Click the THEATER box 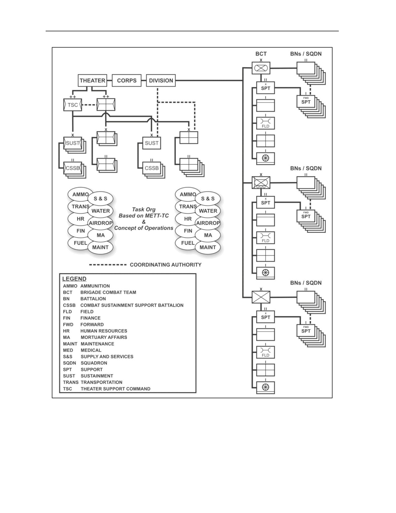coord(92,81)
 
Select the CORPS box coord(127,81)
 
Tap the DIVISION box coord(161,81)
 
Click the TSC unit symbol coord(73,105)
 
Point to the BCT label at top coord(261,54)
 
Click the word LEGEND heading coord(74,279)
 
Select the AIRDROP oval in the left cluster coord(100,223)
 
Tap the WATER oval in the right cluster coord(208,211)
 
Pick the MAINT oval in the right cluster coord(208,247)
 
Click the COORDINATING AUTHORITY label coord(166,265)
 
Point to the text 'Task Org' coord(144,210)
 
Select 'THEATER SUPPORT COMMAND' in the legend coord(116,389)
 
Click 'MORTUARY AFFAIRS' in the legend coord(104,337)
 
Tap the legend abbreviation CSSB coord(69,305)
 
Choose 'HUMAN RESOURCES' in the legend coord(104,331)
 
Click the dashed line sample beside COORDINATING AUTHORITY coord(108,265)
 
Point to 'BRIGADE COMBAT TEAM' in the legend coord(108,292)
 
